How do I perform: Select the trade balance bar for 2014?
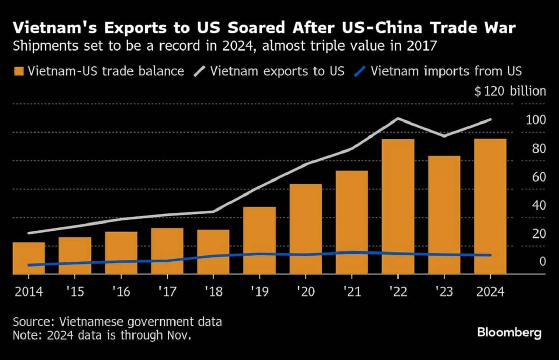[29, 258]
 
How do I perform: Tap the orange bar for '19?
[259, 240]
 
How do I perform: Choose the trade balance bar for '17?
[167, 250]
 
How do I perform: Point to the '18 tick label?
[213, 291]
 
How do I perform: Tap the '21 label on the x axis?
[352, 291]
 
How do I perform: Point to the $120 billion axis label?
[510, 91]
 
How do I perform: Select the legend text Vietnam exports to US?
[277, 71]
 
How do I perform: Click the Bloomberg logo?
[509, 333]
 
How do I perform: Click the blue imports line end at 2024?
[490, 255]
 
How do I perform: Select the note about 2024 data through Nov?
[102, 335]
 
